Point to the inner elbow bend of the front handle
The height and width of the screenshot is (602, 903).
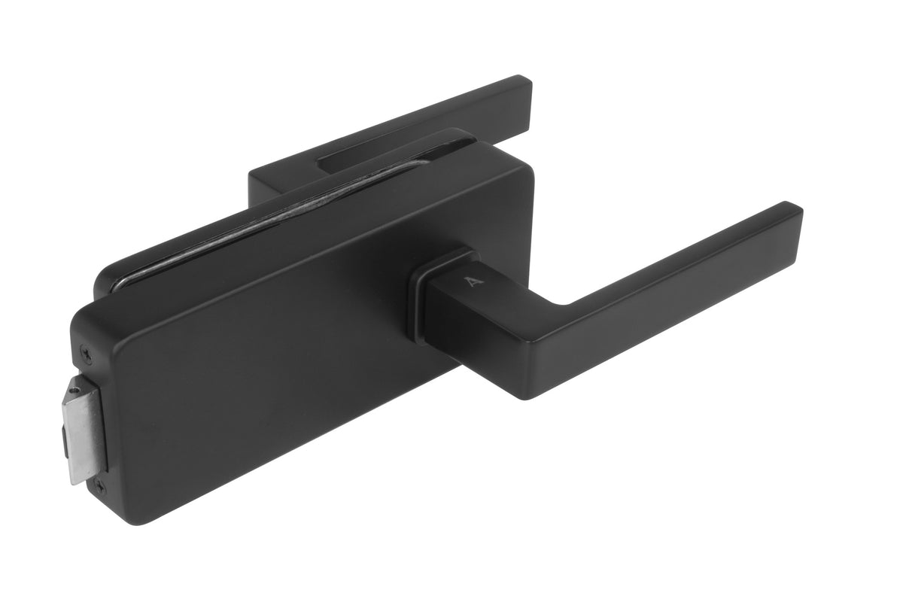(561, 305)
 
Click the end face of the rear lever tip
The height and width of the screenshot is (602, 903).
(528, 94)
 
